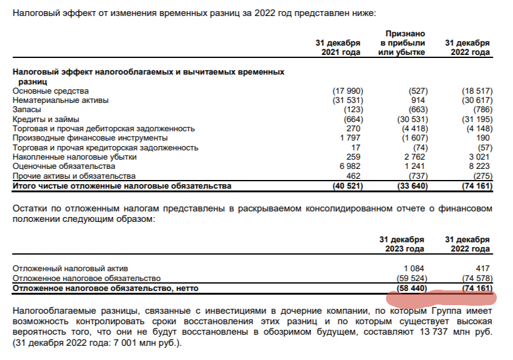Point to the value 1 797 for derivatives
352,138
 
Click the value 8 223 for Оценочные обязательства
479,166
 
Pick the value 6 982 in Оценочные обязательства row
352,166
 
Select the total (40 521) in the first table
346,186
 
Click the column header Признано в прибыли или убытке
404,43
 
